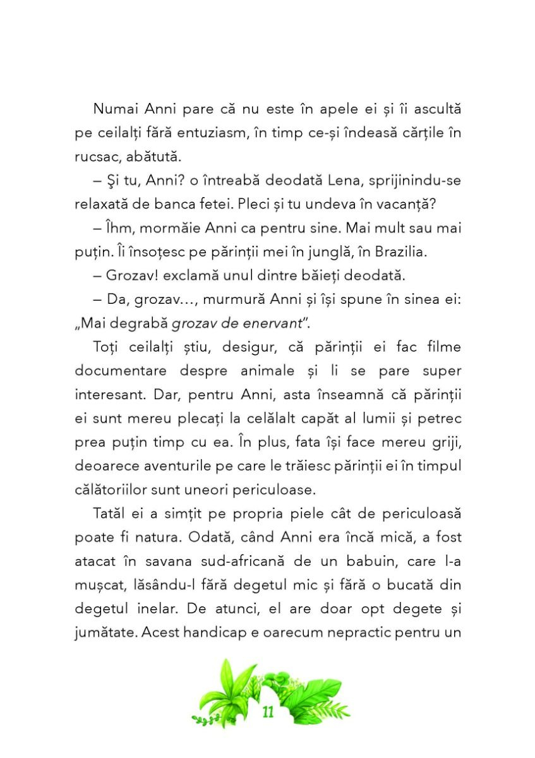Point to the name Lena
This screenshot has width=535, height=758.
click(x=325, y=181)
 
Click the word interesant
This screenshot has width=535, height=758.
click(x=112, y=395)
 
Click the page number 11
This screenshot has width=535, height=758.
click(x=268, y=713)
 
